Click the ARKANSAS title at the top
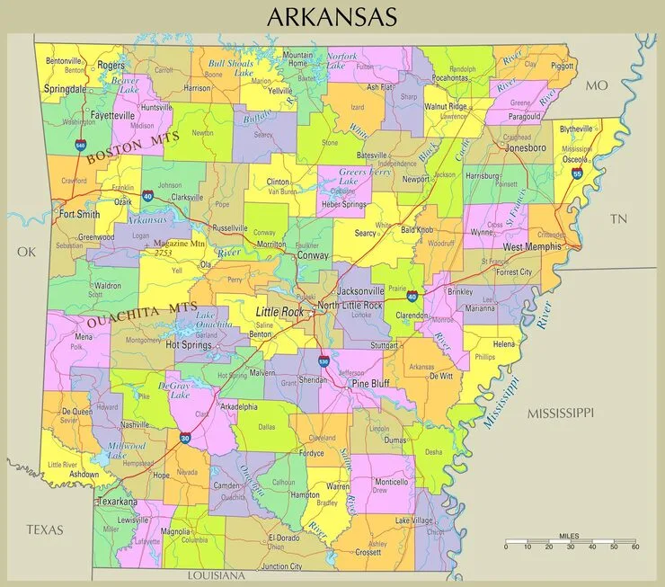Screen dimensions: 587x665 pos(332,16)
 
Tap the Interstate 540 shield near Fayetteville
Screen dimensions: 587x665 pos(81,144)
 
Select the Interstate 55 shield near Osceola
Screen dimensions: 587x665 pos(577,173)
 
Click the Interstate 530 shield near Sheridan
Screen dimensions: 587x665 pos(324,361)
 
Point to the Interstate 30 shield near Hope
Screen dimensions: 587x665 pos(185,439)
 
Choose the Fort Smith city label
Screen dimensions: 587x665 pos(79,215)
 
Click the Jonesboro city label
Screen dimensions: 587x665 pos(526,147)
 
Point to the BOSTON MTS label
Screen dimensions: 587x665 pos(134,147)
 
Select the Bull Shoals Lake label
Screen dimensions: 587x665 pos(231,68)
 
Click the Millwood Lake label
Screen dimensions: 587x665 pos(126,450)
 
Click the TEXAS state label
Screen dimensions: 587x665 pos(44,529)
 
